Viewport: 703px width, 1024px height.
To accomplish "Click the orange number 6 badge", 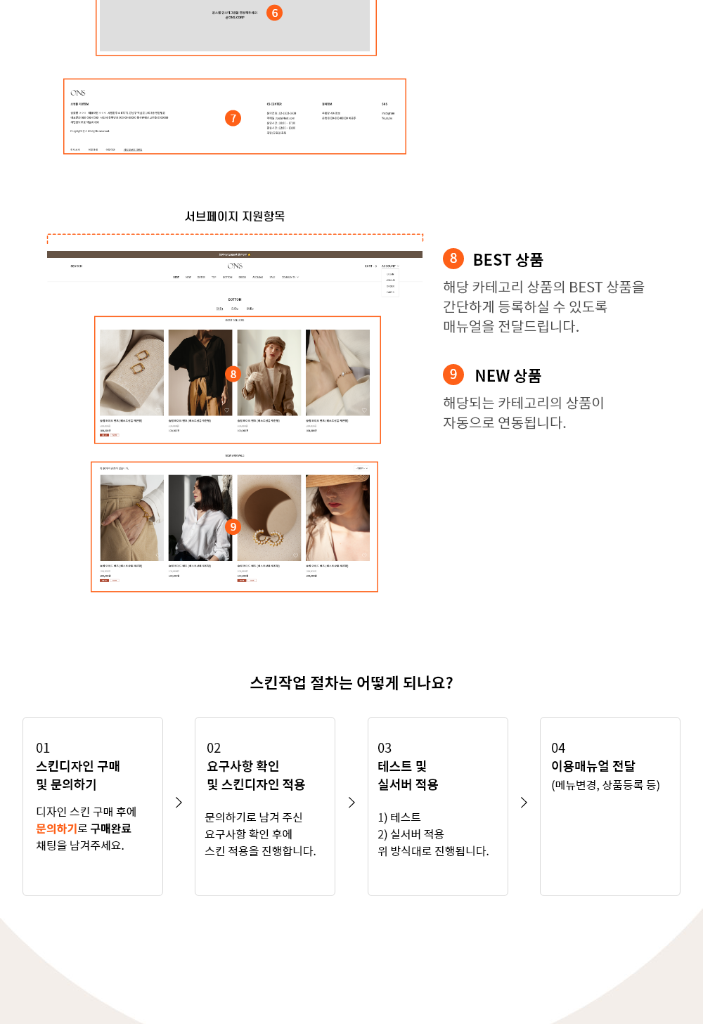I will pos(274,13).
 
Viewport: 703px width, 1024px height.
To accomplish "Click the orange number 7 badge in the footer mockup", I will pos(233,118).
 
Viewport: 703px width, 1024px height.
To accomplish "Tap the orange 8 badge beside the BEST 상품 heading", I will pos(453,259).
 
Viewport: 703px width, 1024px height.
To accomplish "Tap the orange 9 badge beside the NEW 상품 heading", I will pos(453,375).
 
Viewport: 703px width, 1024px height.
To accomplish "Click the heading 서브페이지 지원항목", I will pos(235,216).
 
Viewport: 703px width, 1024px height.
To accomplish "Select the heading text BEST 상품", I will pos(508,260).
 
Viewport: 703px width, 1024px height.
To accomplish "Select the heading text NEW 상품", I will pos(508,376).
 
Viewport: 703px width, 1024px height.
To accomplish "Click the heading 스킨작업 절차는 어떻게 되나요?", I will pos(351,683).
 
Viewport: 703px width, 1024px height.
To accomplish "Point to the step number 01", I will pos(43,748).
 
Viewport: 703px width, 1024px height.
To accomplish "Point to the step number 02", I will pos(214,748).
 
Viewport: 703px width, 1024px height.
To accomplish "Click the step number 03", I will pos(385,748).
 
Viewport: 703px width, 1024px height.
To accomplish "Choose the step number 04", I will pos(558,748).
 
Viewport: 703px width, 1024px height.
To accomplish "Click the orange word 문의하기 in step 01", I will pos(56,829).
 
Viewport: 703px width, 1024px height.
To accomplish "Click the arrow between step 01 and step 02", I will pos(179,803).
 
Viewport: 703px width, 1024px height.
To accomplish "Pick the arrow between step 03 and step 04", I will pos(524,803).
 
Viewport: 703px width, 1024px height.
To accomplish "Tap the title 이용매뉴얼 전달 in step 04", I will pos(593,766).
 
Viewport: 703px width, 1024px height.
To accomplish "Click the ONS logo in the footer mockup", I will pos(78,93).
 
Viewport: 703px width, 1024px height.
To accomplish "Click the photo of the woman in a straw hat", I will pos(337,517).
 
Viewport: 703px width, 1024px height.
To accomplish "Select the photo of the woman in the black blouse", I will pos(200,372).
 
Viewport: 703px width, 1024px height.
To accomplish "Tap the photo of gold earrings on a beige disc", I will pos(269,517).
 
